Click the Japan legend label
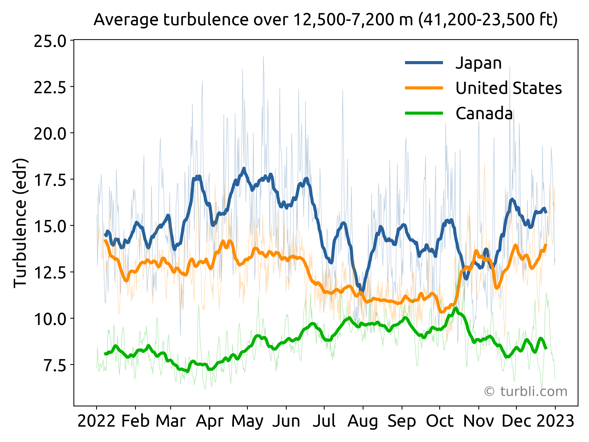pos(479,63)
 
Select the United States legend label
pos(509,88)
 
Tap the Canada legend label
pos(484,113)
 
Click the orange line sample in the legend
pos(424,88)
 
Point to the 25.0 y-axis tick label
pos(50,41)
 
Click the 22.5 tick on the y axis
pos(50,87)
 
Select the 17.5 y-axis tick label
pos(50,180)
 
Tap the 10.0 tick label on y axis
pos(50,319)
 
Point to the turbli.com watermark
pos(525,391)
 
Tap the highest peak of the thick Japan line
pos(244,169)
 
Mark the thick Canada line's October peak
pos(456,309)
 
